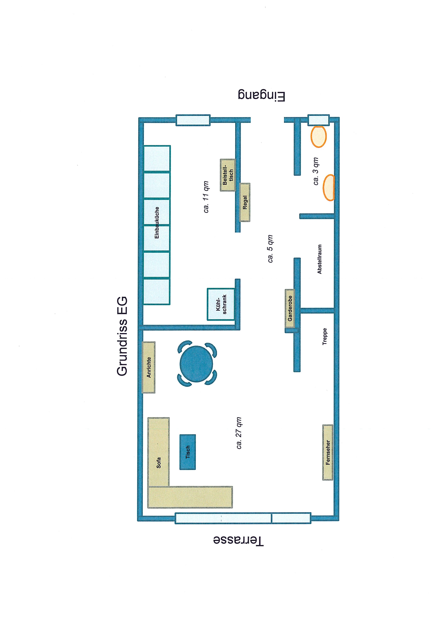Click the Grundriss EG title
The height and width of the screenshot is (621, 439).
(x=122, y=336)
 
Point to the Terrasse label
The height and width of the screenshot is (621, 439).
(x=238, y=541)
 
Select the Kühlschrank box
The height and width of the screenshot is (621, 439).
(x=221, y=304)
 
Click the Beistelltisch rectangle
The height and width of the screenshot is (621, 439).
(x=228, y=175)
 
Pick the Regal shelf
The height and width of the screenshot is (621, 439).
(x=245, y=202)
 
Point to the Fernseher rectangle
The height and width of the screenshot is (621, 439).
(x=328, y=452)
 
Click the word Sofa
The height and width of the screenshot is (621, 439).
(x=159, y=463)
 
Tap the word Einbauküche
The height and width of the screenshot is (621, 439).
(x=157, y=223)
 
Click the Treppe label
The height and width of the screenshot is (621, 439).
(x=325, y=336)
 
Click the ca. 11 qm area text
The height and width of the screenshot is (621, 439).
(x=206, y=197)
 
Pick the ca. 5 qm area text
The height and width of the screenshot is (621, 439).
(x=270, y=249)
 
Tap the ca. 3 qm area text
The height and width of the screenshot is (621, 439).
(x=316, y=171)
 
